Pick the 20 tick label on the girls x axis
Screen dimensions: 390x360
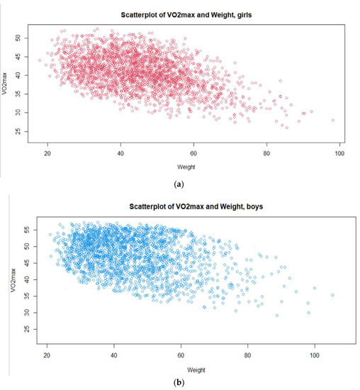pos(47,155)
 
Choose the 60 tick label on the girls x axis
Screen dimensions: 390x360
pos(193,155)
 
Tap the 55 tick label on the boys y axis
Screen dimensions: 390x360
pos(26,230)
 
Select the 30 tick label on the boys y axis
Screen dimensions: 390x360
pos(26,313)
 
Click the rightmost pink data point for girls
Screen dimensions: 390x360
pos(332,120)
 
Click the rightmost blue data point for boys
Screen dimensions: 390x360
pos(332,295)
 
